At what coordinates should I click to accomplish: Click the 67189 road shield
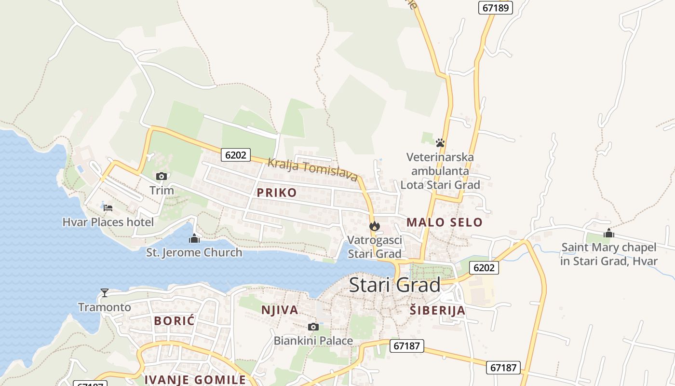pyautogui.click(x=496, y=8)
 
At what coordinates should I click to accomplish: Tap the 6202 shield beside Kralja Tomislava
pyautogui.click(x=236, y=155)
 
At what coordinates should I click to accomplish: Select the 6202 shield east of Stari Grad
pyautogui.click(x=484, y=268)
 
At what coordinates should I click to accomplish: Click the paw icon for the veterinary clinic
pyautogui.click(x=440, y=143)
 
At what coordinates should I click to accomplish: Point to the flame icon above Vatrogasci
pyautogui.click(x=374, y=226)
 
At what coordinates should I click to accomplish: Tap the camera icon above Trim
pyautogui.click(x=162, y=177)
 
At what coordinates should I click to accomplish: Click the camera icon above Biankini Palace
pyautogui.click(x=313, y=327)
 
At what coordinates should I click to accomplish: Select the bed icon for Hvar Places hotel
pyautogui.click(x=108, y=208)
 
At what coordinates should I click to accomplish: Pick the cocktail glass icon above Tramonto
pyautogui.click(x=104, y=293)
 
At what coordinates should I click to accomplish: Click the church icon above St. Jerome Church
pyautogui.click(x=194, y=238)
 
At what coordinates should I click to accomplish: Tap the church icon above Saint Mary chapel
pyautogui.click(x=608, y=234)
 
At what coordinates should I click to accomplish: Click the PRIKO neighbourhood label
pyautogui.click(x=277, y=193)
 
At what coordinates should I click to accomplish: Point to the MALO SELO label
pyautogui.click(x=444, y=222)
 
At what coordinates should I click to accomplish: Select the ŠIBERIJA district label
pyautogui.click(x=437, y=310)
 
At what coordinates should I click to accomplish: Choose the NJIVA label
pyautogui.click(x=280, y=310)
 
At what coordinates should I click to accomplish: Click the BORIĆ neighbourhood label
pyautogui.click(x=174, y=321)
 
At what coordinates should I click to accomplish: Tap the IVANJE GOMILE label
pyautogui.click(x=195, y=379)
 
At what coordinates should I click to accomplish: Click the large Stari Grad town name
pyautogui.click(x=394, y=285)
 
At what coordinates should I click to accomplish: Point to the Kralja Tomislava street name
pyautogui.click(x=312, y=169)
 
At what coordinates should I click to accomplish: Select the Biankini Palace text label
pyautogui.click(x=313, y=341)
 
